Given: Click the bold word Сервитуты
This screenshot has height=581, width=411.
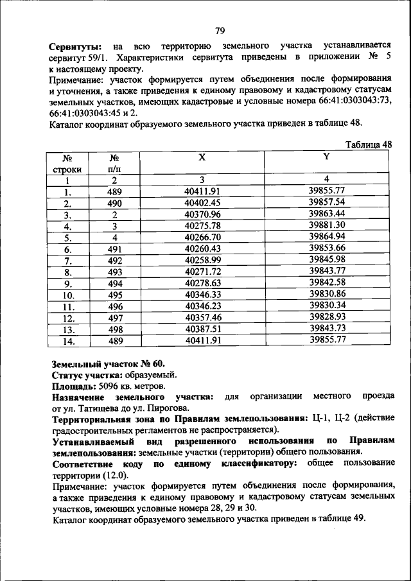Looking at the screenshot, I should [76, 47].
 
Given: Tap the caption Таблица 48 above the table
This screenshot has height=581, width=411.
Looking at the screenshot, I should [368, 145].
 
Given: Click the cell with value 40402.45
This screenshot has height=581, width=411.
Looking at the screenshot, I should [202, 203].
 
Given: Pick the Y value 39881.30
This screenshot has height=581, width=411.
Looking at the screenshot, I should [327, 225].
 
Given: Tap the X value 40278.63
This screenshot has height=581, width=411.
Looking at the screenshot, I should [202, 283].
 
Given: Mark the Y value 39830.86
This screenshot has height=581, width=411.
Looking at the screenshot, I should [327, 294].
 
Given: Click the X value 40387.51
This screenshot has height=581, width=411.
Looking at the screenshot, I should [202, 329].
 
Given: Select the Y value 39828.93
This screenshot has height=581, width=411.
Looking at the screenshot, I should [327, 317].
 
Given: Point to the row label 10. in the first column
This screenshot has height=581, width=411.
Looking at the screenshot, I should [67, 295].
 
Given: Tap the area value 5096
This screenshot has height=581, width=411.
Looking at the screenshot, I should [110, 386].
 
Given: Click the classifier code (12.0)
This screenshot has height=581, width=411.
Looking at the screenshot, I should [113, 476].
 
